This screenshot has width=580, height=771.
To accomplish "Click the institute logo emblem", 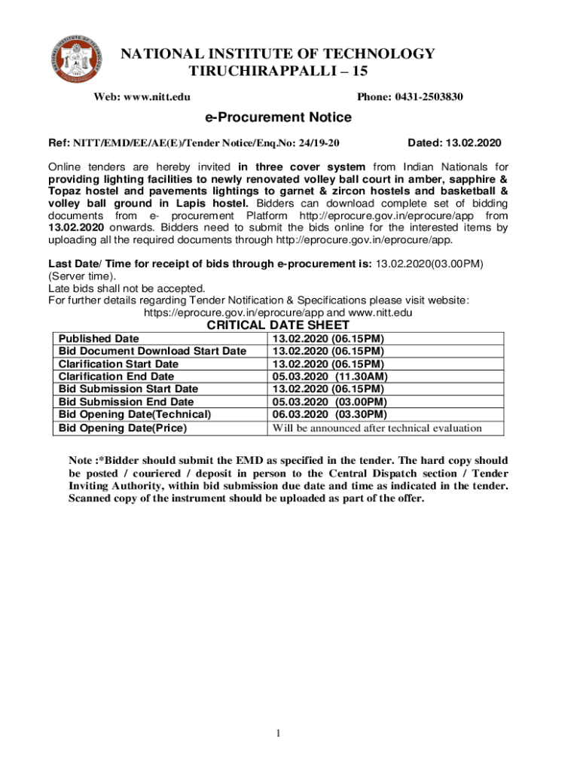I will tap(75, 60).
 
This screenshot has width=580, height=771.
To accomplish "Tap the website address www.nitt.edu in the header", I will tap(157, 97).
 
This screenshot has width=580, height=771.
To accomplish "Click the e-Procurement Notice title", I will tap(278, 117).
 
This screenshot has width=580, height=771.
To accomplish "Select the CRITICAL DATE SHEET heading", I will tap(278, 325).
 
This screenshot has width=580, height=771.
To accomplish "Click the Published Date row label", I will tap(99, 339).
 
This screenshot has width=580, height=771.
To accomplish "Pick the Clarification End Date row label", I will tap(116, 376).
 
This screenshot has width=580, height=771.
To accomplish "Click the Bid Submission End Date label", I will tap(126, 402).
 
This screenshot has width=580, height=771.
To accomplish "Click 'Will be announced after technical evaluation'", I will tap(377, 428).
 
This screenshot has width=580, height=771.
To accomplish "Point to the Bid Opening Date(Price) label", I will tap(123, 428).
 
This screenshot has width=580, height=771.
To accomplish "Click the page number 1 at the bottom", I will tap(278, 733).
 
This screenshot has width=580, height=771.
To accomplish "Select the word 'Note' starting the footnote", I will tap(81, 460).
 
